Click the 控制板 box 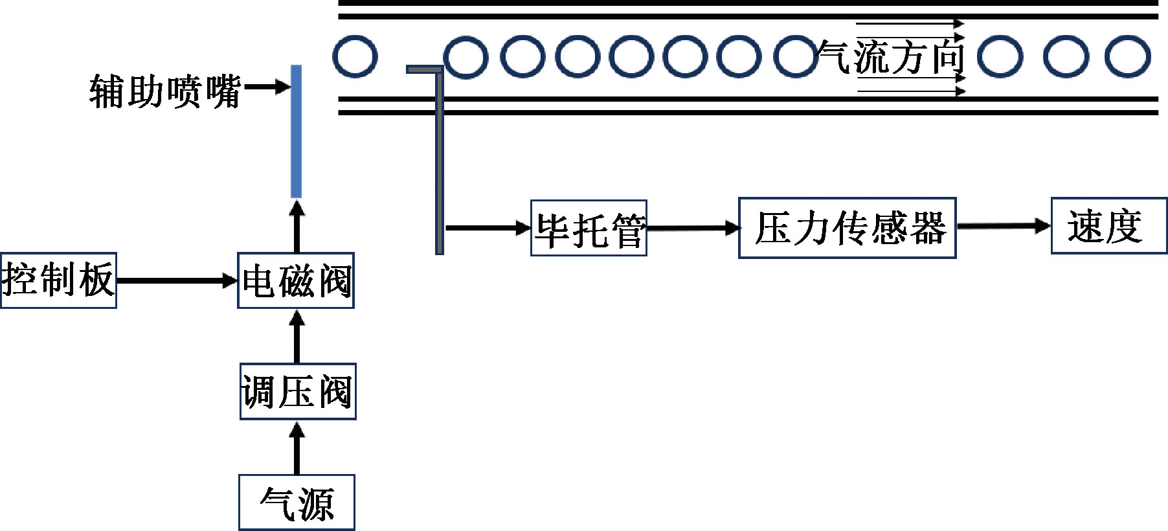58,280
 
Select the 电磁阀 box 296,280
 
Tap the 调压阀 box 298,392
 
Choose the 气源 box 297,503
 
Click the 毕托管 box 589,228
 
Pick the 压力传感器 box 847,228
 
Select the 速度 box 1108,226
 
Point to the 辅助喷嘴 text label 165,91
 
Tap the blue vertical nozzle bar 296,131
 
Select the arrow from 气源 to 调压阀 297,447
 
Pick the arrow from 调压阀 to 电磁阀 297,336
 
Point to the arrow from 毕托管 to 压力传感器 693,228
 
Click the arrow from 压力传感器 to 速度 1003,226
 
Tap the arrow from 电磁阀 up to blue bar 297,226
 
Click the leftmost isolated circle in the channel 355,56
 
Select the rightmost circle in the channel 1127,56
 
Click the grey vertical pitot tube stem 439,162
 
